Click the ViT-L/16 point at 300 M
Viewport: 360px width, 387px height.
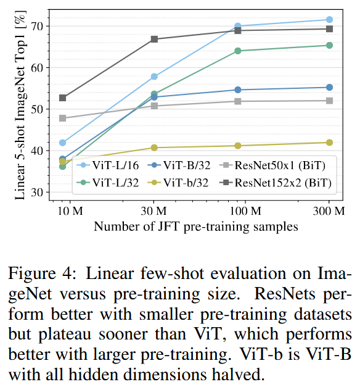(329, 20)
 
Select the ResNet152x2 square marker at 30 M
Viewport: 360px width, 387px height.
(154, 40)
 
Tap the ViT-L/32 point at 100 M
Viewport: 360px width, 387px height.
(238, 51)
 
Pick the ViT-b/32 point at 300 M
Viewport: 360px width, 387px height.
(329, 143)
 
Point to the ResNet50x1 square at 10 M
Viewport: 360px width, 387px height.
(63, 118)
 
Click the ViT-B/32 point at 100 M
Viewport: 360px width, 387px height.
(238, 90)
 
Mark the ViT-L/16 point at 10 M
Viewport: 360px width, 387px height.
(63, 143)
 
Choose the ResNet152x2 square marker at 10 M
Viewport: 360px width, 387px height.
(63, 98)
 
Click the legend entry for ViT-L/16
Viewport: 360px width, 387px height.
(108, 165)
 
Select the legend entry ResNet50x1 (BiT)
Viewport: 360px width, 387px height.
(272, 165)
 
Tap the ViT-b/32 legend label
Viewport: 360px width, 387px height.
(186, 183)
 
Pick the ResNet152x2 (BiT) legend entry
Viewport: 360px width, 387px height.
(275, 183)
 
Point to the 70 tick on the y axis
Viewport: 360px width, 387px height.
(37, 26)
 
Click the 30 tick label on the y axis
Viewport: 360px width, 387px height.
(37, 192)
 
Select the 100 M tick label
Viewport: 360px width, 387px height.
(245, 211)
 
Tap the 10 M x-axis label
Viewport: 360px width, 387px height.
(70, 211)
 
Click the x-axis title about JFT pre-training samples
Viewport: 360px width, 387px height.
(196, 227)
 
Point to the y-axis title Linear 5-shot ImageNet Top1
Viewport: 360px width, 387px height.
(20, 105)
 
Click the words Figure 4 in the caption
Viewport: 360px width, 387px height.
(42, 273)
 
